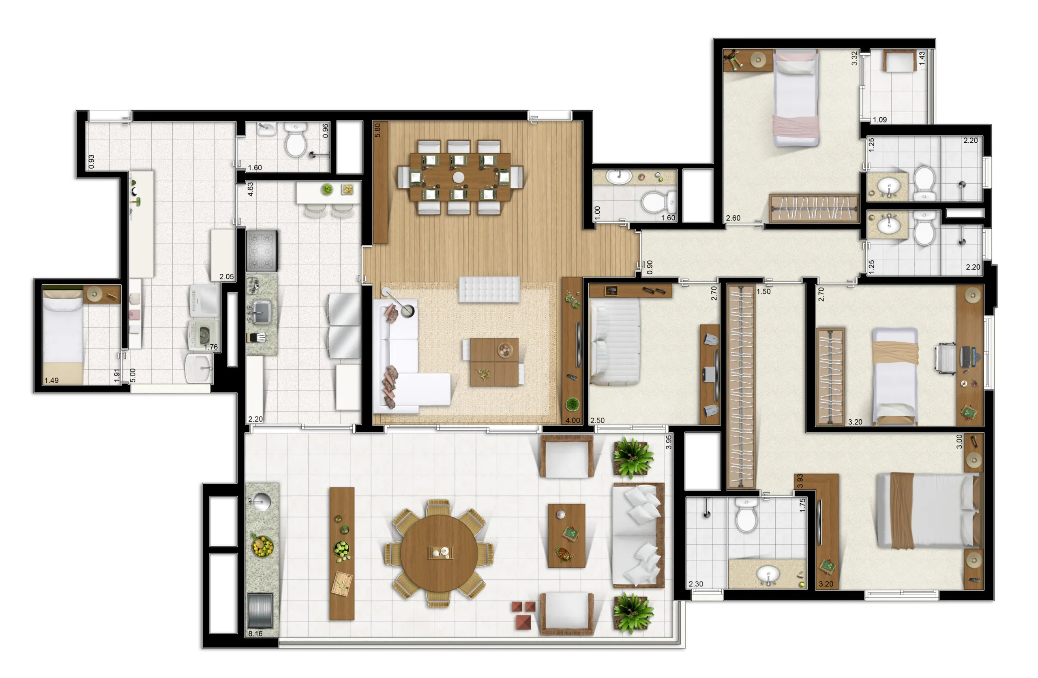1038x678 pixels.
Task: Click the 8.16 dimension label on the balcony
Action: click(255, 633)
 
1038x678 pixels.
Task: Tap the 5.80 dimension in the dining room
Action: click(377, 130)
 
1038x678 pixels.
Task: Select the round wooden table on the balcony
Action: click(439, 553)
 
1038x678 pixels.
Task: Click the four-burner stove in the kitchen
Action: click(262, 251)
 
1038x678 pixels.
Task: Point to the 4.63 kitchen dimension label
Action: click(250, 189)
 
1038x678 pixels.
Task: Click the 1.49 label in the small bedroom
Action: click(51, 380)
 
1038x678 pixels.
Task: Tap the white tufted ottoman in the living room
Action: click(489, 289)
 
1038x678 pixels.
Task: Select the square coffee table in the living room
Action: click(494, 362)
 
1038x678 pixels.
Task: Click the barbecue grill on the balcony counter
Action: click(260, 610)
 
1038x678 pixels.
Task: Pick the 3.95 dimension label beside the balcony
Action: click(669, 442)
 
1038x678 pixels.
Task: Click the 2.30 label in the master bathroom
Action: click(696, 584)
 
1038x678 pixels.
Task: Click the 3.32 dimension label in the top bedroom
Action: click(854, 58)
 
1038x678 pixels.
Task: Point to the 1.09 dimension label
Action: click(880, 120)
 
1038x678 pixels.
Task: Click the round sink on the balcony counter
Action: click(261, 502)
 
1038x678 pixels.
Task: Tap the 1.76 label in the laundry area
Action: click(211, 347)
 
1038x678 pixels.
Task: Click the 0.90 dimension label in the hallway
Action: click(650, 267)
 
